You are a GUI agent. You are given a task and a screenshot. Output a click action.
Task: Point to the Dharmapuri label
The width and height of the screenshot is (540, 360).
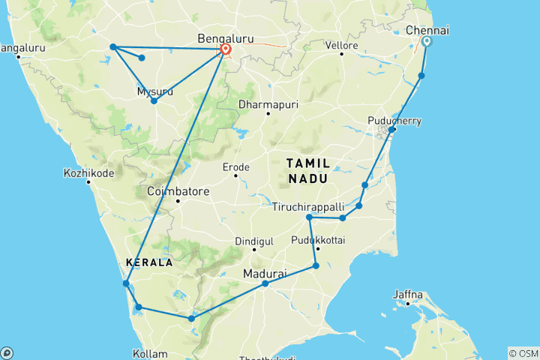point(268,104)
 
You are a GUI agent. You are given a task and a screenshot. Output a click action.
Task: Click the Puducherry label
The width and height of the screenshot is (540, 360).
point(395,121)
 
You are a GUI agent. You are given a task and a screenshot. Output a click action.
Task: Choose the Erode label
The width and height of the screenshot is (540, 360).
point(235,167)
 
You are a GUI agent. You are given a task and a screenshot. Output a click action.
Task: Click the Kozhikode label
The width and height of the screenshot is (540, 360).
point(89,173)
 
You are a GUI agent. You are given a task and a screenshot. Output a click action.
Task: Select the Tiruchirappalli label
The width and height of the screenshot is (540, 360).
point(308,205)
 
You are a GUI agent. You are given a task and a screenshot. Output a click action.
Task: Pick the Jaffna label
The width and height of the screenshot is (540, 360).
point(407,294)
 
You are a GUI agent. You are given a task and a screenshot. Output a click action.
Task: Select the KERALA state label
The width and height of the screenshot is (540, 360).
point(149,262)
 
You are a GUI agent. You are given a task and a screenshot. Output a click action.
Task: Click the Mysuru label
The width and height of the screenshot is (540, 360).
point(155,91)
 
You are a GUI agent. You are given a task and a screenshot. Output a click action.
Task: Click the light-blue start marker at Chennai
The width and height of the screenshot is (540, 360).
point(427,42)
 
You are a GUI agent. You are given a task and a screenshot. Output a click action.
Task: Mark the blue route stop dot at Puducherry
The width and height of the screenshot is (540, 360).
point(391,130)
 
